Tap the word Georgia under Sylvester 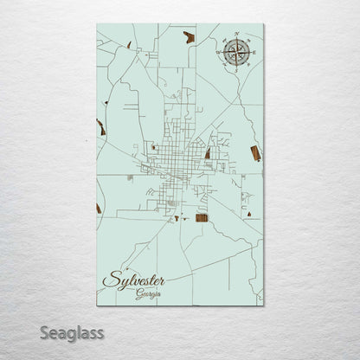tap(148, 293)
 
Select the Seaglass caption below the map tap(76, 332)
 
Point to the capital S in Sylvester tap(110, 280)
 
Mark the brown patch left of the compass tap(189, 36)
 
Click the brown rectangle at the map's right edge tap(255, 153)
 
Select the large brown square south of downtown tap(202, 217)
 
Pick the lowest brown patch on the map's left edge tap(99, 209)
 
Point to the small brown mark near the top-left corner tap(129, 44)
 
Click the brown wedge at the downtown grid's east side tap(208, 153)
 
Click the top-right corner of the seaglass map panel tap(263, 24)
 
